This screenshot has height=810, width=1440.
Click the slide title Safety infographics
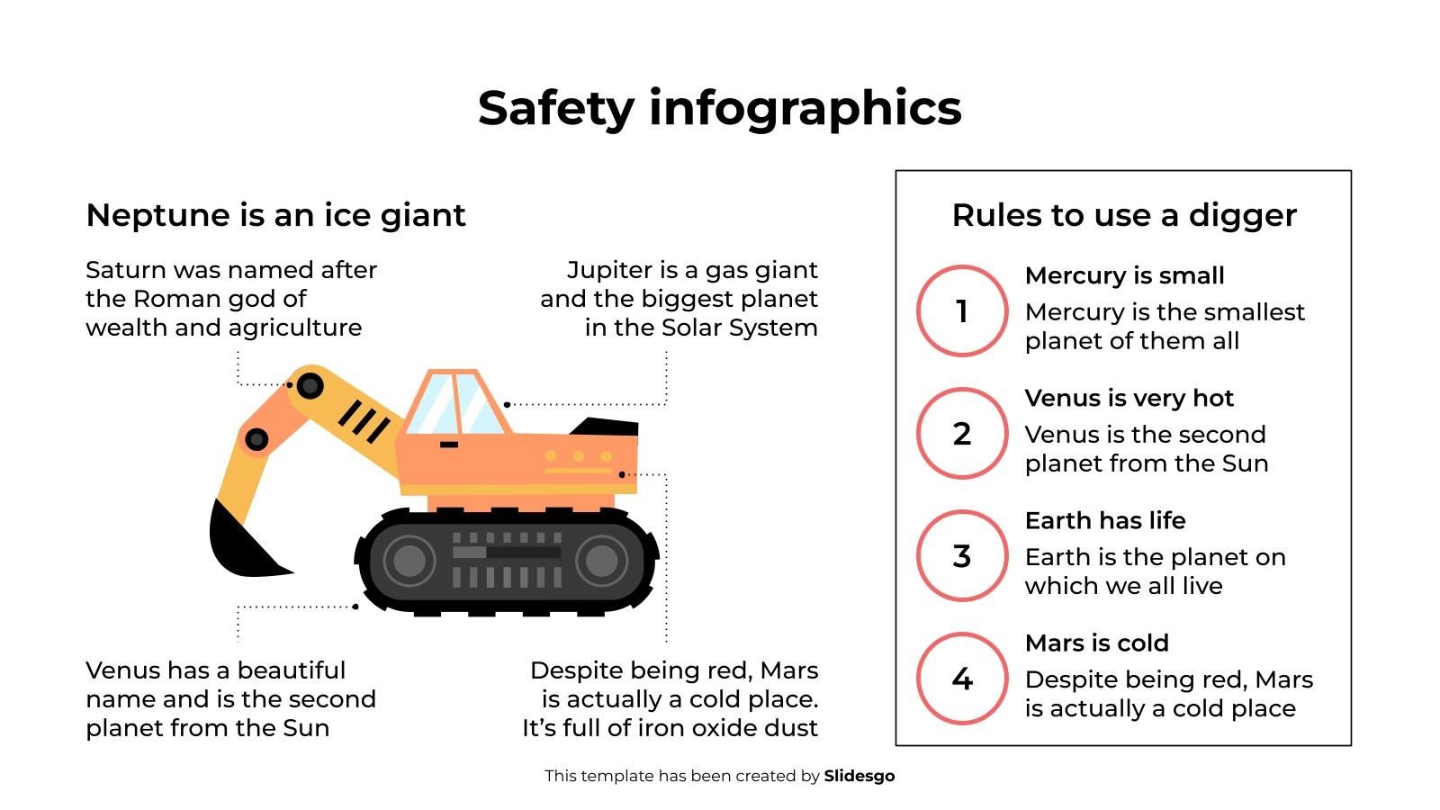[x=719, y=108]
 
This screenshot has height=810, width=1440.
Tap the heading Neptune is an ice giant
[x=275, y=215]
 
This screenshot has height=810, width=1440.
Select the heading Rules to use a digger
[x=1124, y=215]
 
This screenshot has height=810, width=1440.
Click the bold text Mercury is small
[x=1124, y=275]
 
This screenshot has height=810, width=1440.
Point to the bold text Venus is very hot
[x=1129, y=399]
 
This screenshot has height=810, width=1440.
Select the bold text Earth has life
[x=1105, y=521]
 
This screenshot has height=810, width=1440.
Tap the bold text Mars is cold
[x=1097, y=643]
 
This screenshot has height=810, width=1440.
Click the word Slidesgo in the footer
[x=859, y=776]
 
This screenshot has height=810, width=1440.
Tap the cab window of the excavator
[x=455, y=404]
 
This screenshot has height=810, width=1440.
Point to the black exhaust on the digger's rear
[x=604, y=427]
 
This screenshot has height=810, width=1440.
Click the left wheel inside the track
[x=409, y=561]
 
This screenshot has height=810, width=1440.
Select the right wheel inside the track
[x=602, y=561]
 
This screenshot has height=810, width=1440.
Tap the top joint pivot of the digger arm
[x=310, y=386]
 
